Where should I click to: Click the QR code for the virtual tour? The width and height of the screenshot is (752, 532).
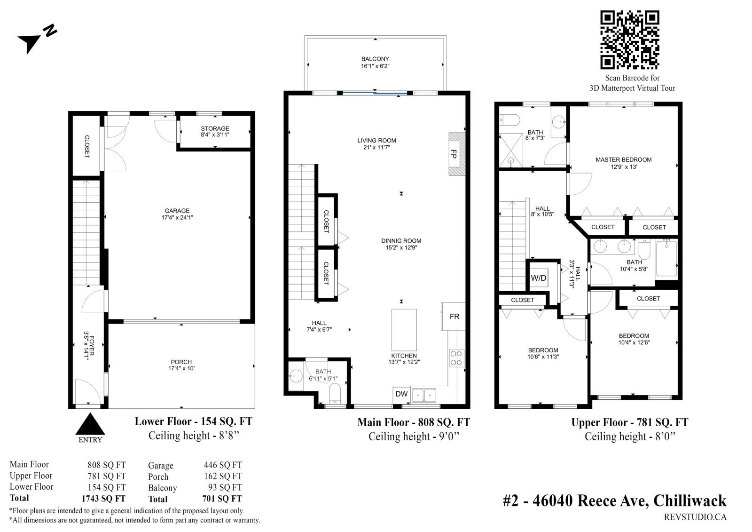pos(629,40)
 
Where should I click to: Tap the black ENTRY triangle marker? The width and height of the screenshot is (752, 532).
pos(90,424)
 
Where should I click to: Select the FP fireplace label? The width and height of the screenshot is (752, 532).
pos(454,154)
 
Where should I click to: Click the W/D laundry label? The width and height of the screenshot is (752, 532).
pos(539,278)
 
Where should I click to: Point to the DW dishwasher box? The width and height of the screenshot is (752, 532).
pos(401,394)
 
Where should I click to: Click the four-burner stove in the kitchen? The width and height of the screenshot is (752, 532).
pos(456,358)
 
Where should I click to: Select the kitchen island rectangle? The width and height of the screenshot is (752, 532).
pos(404,330)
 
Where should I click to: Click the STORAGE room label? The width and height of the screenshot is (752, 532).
pos(215,128)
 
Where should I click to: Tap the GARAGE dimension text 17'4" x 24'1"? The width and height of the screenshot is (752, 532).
pos(177,217)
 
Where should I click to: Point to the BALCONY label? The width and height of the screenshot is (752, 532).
pos(375,59)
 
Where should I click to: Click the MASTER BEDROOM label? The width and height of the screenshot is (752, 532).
pos(623,159)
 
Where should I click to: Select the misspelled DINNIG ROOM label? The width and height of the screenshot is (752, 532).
pos(401,241)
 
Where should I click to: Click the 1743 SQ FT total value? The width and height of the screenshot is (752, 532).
pos(103,499)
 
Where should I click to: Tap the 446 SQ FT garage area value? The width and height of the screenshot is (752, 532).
pos(223,465)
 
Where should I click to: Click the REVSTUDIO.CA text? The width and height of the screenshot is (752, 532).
pos(695,517)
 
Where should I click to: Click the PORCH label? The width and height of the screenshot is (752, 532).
pos(181,362)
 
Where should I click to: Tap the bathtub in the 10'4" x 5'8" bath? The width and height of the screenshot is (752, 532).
pos(666,258)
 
